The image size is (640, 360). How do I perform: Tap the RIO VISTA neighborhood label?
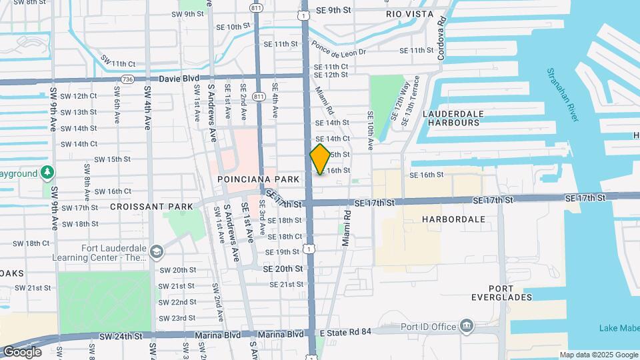tap(409, 14)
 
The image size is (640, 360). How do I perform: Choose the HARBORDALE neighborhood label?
tap(453, 219)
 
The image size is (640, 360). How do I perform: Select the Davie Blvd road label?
tap(179, 79)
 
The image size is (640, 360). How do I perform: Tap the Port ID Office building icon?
tap(467, 326)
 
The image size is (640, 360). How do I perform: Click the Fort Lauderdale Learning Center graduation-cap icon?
tap(157, 251)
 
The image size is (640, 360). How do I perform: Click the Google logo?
tap(22, 351)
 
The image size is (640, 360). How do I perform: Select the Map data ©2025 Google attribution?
tap(599, 355)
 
